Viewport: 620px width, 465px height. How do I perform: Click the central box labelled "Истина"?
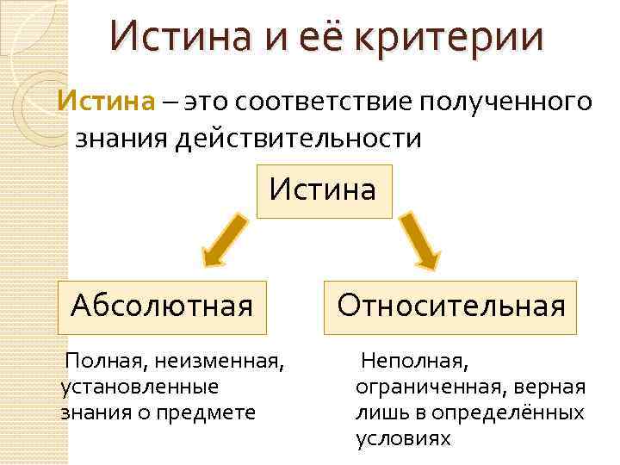[322, 189]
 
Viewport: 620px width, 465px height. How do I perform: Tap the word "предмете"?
[214, 412]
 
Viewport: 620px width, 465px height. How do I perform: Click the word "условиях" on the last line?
[403, 438]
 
